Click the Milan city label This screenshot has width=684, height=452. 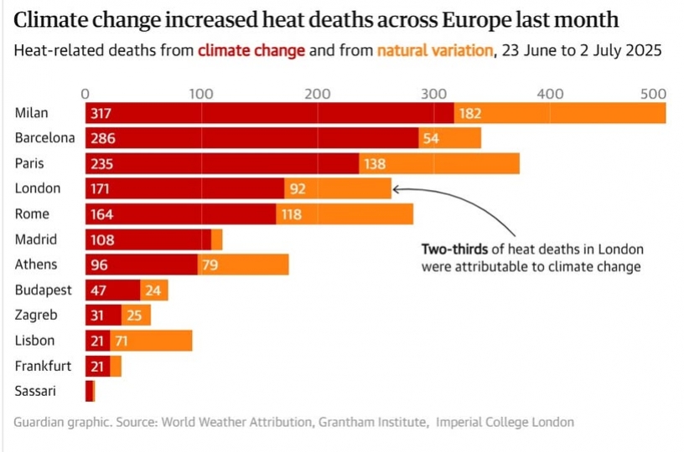(31, 113)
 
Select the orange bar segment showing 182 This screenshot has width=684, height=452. (559, 113)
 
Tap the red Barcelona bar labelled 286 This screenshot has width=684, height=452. (251, 138)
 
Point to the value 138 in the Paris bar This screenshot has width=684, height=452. (376, 164)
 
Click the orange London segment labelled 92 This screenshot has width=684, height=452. (337, 189)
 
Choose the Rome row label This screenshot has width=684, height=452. (31, 214)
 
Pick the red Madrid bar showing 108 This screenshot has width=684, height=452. (148, 240)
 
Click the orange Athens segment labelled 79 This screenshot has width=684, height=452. (243, 265)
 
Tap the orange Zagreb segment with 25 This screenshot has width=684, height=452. (135, 316)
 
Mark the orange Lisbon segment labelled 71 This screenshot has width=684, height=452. (150, 341)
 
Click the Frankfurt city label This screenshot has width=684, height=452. (42, 366)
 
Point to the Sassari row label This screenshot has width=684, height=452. (34, 391)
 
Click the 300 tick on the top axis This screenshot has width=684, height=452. (433, 94)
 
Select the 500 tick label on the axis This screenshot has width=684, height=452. (653, 94)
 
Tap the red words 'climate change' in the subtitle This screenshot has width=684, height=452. (251, 50)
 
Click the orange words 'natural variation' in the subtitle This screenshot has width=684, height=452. (434, 50)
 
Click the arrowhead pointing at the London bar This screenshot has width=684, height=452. (396, 189)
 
